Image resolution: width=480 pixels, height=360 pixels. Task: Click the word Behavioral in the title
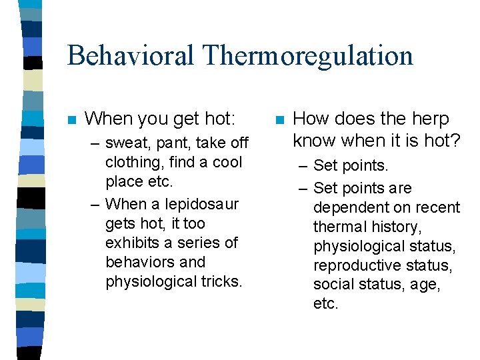134,55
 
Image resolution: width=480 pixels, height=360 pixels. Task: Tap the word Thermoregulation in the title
311,55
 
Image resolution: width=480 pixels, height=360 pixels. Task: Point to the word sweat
127,143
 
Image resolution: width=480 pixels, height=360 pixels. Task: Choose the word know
314,141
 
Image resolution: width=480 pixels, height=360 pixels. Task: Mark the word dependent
347,207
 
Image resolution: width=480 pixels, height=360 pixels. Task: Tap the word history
397,227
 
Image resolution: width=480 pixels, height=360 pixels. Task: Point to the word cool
227,163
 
